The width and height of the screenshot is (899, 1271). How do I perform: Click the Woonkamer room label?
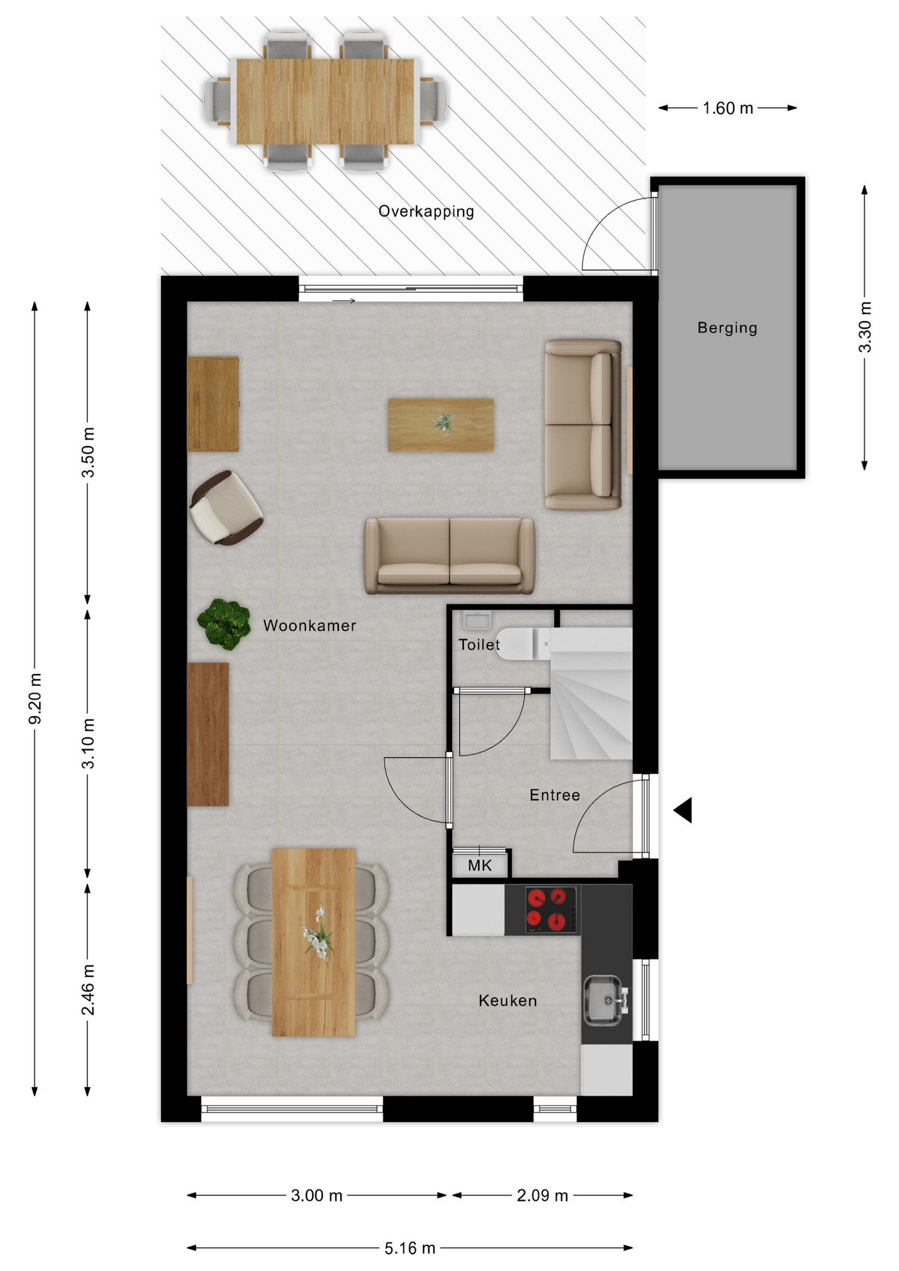click(x=309, y=626)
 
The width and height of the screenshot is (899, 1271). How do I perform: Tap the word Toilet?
click(x=479, y=645)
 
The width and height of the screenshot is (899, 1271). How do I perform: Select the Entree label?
click(x=555, y=795)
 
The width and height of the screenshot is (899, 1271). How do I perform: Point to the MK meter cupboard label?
click(x=480, y=865)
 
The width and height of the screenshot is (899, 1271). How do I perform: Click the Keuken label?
click(x=508, y=1001)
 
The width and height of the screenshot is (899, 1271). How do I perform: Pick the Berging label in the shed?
click(x=728, y=328)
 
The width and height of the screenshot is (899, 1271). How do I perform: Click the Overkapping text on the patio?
click(x=426, y=212)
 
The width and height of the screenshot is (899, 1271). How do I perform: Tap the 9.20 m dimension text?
click(x=35, y=698)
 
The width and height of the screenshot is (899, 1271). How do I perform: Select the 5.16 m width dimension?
click(x=410, y=1248)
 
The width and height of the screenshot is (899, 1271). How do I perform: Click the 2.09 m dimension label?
click(x=543, y=1195)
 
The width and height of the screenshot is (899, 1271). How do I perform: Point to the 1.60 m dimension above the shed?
click(x=728, y=108)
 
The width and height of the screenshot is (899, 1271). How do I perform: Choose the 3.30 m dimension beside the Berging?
click(x=865, y=327)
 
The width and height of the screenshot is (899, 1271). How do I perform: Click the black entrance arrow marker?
click(x=683, y=810)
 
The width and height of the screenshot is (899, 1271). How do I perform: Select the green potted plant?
click(x=224, y=624)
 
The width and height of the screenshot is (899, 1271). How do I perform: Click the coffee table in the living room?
click(x=441, y=425)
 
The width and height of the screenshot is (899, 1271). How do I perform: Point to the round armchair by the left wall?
click(x=226, y=508)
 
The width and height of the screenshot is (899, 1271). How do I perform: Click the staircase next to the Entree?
click(x=591, y=693)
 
